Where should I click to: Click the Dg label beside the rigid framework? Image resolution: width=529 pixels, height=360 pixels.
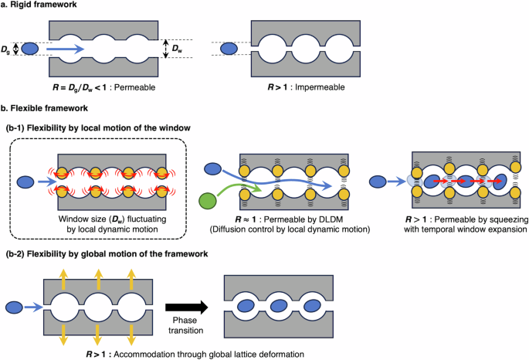coord(7,49)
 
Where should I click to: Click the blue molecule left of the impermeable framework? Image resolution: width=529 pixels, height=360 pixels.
coord(230,49)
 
